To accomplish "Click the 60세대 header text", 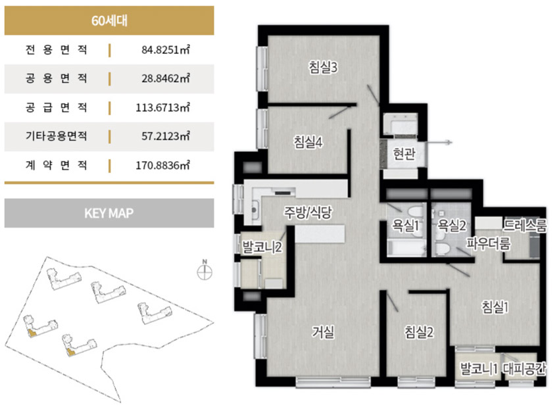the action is pyautogui.click(x=109, y=20).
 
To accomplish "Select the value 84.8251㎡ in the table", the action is pyautogui.click(x=166, y=49).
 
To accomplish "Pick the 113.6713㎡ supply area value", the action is pyautogui.click(x=162, y=107).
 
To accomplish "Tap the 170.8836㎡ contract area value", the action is pyautogui.click(x=162, y=166).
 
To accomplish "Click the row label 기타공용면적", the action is pyautogui.click(x=56, y=136).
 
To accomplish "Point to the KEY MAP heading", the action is pyautogui.click(x=109, y=213).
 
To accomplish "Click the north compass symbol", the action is pyautogui.click(x=205, y=272).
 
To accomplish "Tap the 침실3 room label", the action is pyautogui.click(x=323, y=67).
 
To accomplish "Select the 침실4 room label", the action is pyautogui.click(x=308, y=142).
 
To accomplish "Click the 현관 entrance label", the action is pyautogui.click(x=404, y=154).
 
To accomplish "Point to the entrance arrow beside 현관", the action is pyautogui.click(x=439, y=143).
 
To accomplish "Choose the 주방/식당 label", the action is pyautogui.click(x=308, y=212).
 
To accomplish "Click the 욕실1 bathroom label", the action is pyautogui.click(x=405, y=225).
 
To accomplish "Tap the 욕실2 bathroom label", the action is pyautogui.click(x=452, y=225).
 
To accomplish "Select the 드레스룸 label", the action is pyautogui.click(x=524, y=225).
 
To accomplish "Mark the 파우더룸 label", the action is pyautogui.click(x=489, y=243).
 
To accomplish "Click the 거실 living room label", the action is pyautogui.click(x=324, y=332).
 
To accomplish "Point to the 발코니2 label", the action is pyautogui.click(x=262, y=247).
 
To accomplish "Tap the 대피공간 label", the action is pyautogui.click(x=524, y=369).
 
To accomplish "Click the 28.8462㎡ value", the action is pyautogui.click(x=166, y=78).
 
